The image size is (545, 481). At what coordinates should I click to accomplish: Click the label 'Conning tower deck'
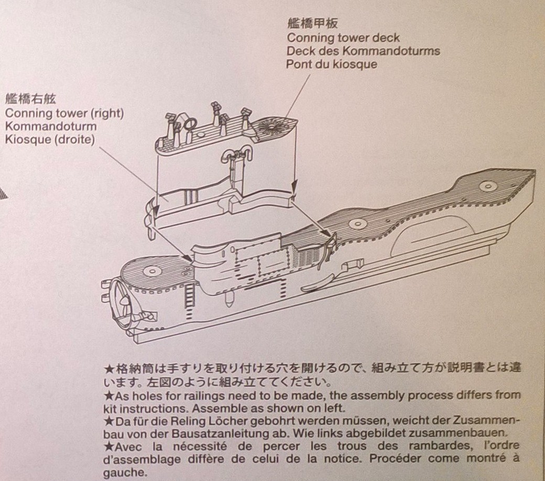tap(343, 38)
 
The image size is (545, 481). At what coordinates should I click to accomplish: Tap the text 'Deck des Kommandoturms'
tap(363, 51)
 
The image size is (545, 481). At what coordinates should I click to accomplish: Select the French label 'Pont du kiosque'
tap(331, 64)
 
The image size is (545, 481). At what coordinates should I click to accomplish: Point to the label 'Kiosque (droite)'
tap(50, 140)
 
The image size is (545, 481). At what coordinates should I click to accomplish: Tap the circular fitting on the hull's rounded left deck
tap(151, 271)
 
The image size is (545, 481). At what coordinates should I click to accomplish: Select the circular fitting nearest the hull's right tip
tap(488, 186)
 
